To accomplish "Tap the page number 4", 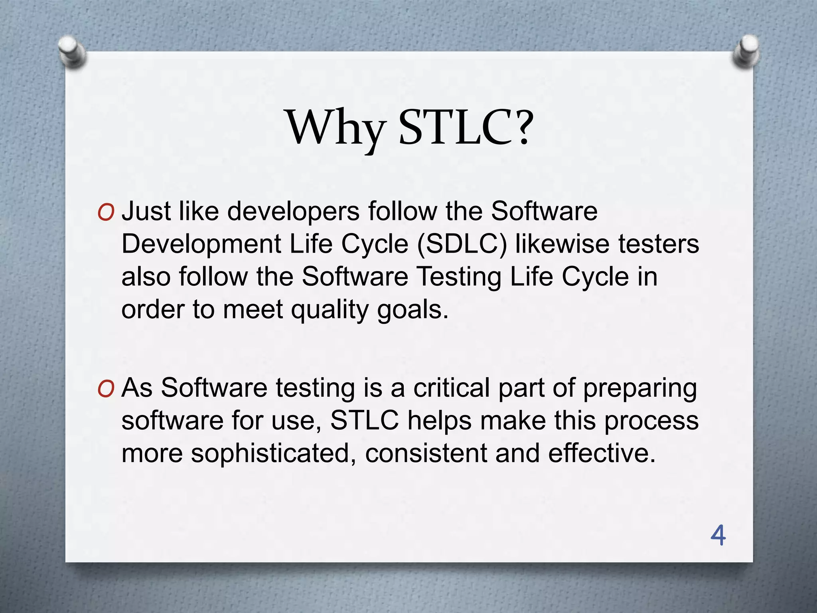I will [718, 536].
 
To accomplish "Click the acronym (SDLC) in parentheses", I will [462, 244].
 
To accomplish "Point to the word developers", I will [293, 211].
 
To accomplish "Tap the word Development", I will [201, 244].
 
